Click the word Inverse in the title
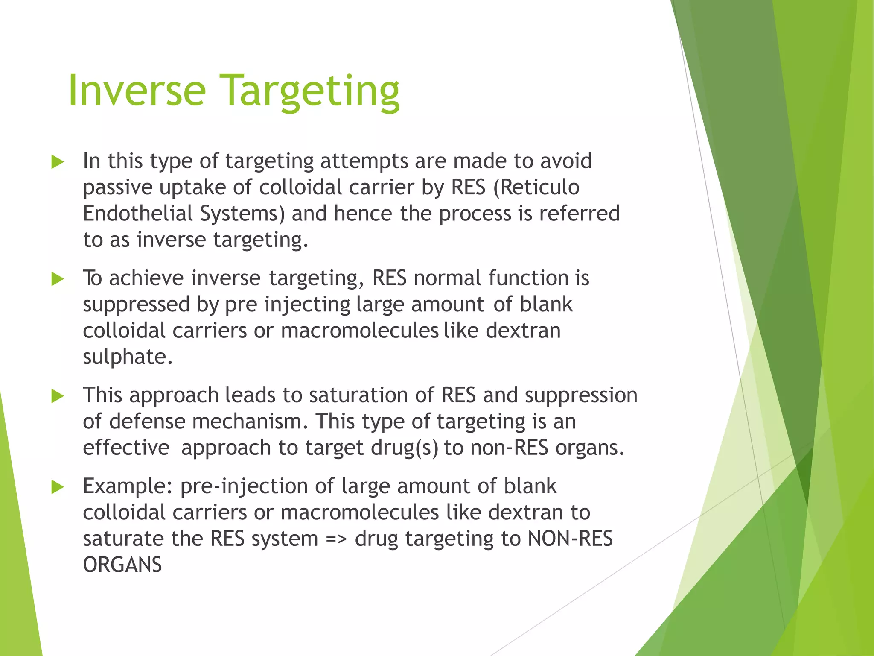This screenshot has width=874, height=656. [x=137, y=91]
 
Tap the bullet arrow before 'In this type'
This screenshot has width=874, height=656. [x=57, y=162]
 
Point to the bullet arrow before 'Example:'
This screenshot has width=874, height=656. [x=57, y=487]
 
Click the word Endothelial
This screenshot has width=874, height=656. [x=138, y=213]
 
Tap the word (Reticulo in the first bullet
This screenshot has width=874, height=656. [x=536, y=187]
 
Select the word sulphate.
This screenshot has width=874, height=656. [x=128, y=357]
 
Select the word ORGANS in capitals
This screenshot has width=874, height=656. [x=122, y=565]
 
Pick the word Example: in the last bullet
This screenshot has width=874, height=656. [x=128, y=486]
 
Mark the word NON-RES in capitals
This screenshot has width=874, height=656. [x=570, y=539]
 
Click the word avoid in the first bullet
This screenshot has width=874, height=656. [x=566, y=161]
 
